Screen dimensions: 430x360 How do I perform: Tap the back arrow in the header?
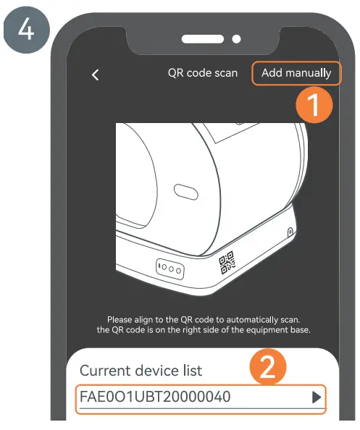(95, 75)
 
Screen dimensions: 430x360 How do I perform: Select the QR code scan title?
(202, 73)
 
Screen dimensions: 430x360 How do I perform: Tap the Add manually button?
(296, 73)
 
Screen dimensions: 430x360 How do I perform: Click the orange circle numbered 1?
(313, 105)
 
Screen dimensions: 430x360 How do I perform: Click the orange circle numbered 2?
(267, 368)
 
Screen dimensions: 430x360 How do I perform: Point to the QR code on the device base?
(227, 263)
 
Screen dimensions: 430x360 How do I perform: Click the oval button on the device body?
(185, 192)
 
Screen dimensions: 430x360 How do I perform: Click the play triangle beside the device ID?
(315, 397)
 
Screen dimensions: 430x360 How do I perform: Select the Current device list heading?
(141, 370)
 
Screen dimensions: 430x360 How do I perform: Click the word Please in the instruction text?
(122, 319)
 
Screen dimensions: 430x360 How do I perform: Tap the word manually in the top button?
(309, 73)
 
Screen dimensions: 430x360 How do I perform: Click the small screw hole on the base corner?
(290, 232)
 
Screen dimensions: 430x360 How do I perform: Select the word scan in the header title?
(225, 73)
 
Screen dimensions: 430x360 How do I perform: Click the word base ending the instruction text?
(298, 331)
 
